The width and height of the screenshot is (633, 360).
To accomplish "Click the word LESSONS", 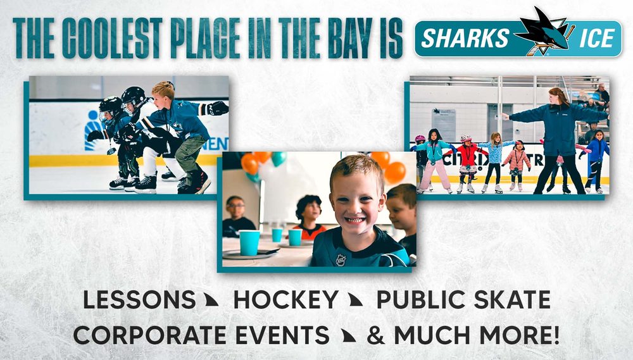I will click(139, 301).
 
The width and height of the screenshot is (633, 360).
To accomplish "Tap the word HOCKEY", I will click(285, 301).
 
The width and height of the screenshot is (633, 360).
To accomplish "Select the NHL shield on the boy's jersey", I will click(341, 259).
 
